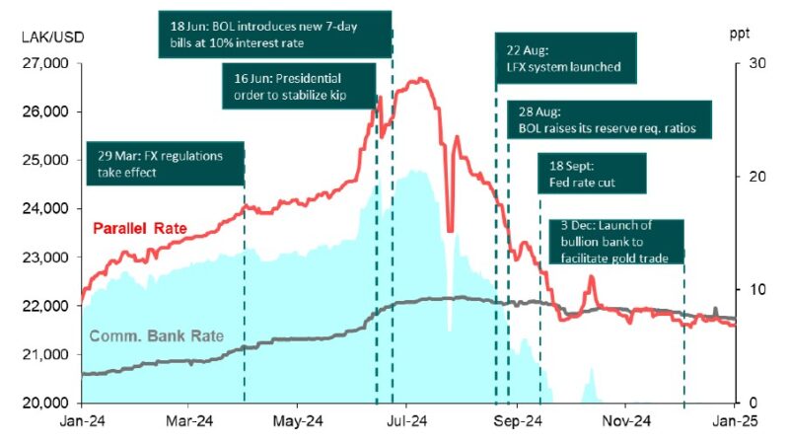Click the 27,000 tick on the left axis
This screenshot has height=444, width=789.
coord(45,63)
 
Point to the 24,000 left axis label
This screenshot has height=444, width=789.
coord(45,208)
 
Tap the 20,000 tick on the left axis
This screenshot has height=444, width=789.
coord(45,403)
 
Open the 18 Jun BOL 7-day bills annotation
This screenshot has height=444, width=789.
coord(274,34)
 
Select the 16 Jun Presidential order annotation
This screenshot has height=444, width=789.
coord(299,86)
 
